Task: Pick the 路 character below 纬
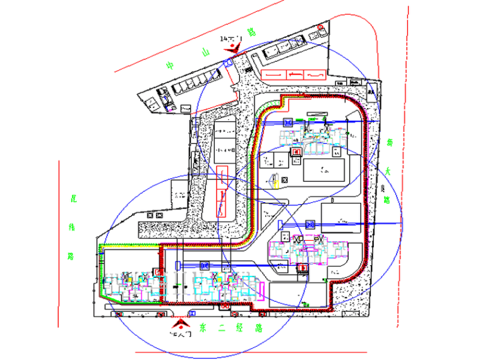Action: coord(71,257)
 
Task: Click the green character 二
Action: coord(221,328)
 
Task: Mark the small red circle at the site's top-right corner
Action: coord(320,27)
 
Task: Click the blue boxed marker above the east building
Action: coord(310,225)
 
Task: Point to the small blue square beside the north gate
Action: coord(227,63)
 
